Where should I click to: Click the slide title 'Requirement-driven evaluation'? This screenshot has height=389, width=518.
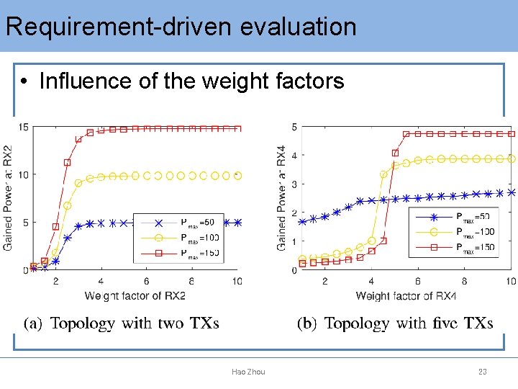click(x=181, y=27)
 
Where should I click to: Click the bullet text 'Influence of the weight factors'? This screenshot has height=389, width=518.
click(x=191, y=81)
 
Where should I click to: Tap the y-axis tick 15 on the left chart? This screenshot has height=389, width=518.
click(x=24, y=128)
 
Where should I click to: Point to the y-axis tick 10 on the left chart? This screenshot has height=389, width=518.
click(x=24, y=175)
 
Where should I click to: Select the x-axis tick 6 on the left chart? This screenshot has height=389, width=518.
click(x=146, y=281)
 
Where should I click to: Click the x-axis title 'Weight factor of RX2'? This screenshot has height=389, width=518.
click(x=135, y=295)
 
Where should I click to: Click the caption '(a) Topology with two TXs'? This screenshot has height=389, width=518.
click(x=122, y=323)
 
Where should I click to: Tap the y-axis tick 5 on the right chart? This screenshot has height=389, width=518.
click(x=294, y=128)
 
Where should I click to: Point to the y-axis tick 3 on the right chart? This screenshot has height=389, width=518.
click(x=294, y=184)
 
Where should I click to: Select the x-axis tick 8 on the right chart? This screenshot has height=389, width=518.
click(x=464, y=281)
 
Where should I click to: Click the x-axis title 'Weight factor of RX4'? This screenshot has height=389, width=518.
click(x=406, y=295)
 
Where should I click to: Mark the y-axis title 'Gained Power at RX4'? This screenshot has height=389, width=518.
click(x=281, y=197)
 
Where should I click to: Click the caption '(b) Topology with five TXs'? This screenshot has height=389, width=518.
click(x=395, y=323)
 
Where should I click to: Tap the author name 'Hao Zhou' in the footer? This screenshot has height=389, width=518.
click(x=248, y=372)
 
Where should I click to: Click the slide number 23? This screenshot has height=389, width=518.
click(x=483, y=372)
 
